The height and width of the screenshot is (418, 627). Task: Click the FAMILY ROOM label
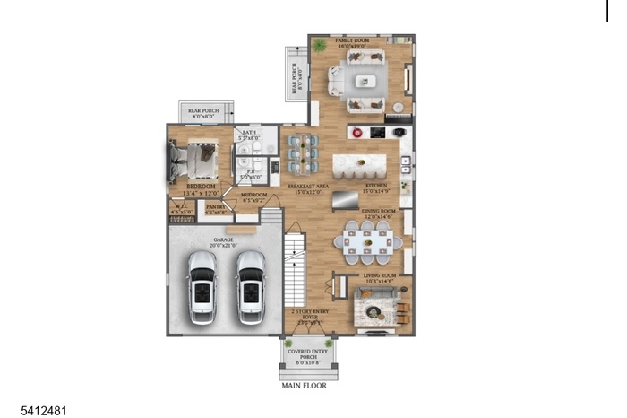point(353,41)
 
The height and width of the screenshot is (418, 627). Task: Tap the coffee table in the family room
point(365,81)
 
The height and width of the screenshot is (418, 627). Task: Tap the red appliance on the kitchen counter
point(356,133)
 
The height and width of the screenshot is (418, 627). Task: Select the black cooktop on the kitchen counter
point(377,133)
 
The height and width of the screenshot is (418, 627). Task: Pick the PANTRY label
point(215,207)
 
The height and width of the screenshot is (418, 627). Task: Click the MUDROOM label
point(254,195)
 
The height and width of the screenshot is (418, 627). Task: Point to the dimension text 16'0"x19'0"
point(353,48)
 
